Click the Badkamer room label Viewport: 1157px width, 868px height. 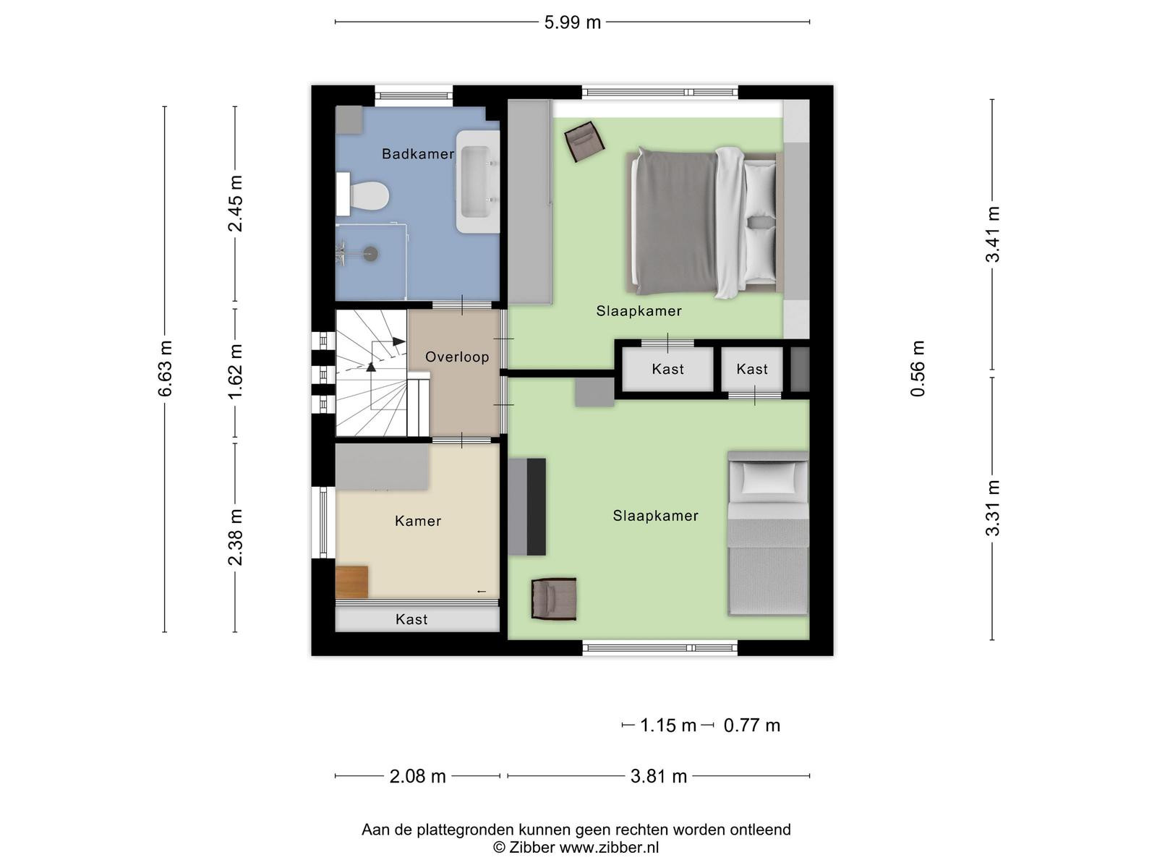417,154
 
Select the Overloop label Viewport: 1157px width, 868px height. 457,357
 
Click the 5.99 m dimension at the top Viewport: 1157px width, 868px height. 573,22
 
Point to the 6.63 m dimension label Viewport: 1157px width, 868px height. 165,368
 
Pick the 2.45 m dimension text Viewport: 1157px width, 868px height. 235,203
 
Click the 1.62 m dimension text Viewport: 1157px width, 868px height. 235,372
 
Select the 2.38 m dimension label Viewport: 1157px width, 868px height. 235,537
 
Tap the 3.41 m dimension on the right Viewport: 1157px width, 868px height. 993,234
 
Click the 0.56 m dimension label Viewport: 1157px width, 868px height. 918,368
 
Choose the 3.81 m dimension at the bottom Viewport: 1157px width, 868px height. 659,776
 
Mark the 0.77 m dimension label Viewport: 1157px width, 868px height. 751,726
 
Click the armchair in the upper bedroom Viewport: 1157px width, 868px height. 584,141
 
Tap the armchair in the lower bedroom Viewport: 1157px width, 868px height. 553,599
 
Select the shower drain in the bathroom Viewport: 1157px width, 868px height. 372,253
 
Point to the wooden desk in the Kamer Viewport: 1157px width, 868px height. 351,582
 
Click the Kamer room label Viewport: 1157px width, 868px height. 417,522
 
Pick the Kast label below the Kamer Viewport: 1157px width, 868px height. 411,619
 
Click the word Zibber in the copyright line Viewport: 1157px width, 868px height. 531,848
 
